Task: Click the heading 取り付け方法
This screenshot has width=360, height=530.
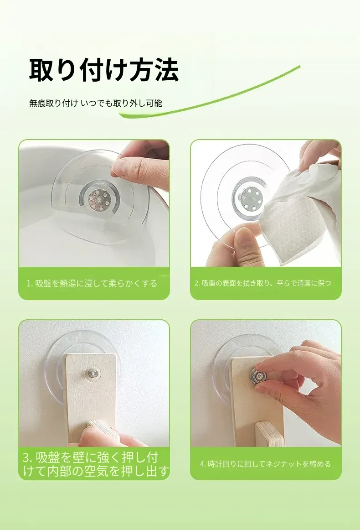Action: click(104, 70)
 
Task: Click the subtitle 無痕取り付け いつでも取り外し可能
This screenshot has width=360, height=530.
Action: click(96, 104)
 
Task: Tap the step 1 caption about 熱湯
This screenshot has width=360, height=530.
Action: click(92, 283)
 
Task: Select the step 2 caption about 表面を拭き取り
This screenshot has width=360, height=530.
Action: click(263, 283)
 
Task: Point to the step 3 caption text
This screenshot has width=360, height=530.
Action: click(96, 464)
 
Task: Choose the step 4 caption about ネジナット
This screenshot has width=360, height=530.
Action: click(265, 464)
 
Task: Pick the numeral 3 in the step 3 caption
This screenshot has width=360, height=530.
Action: click(27, 457)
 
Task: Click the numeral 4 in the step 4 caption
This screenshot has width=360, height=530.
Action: click(201, 464)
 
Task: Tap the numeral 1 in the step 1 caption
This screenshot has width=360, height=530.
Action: click(28, 284)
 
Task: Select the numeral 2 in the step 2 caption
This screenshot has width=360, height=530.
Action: click(196, 284)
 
